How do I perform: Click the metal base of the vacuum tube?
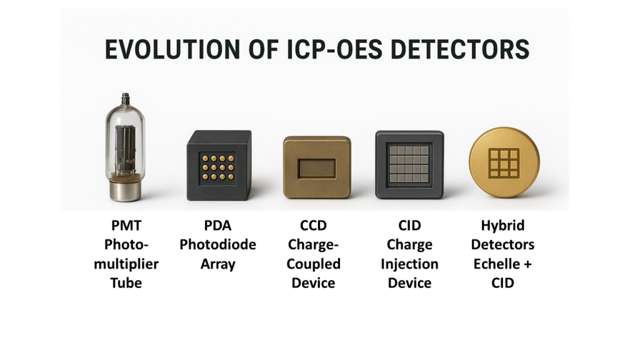click(x=126, y=190)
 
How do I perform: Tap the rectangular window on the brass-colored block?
click(x=317, y=169)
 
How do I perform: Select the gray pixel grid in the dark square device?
click(x=409, y=164)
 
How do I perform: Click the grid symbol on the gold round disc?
click(x=504, y=163)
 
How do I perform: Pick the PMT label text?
click(x=126, y=225)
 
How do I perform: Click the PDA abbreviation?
click(x=217, y=225)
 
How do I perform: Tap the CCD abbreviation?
click(x=314, y=225)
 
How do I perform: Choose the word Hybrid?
click(x=502, y=226)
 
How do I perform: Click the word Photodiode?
click(x=217, y=244)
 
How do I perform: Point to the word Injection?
click(x=409, y=264)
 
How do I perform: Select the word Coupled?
click(x=314, y=264)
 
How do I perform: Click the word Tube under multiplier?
click(x=126, y=283)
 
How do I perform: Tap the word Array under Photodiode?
click(x=217, y=264)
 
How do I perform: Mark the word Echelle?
click(x=497, y=264)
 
